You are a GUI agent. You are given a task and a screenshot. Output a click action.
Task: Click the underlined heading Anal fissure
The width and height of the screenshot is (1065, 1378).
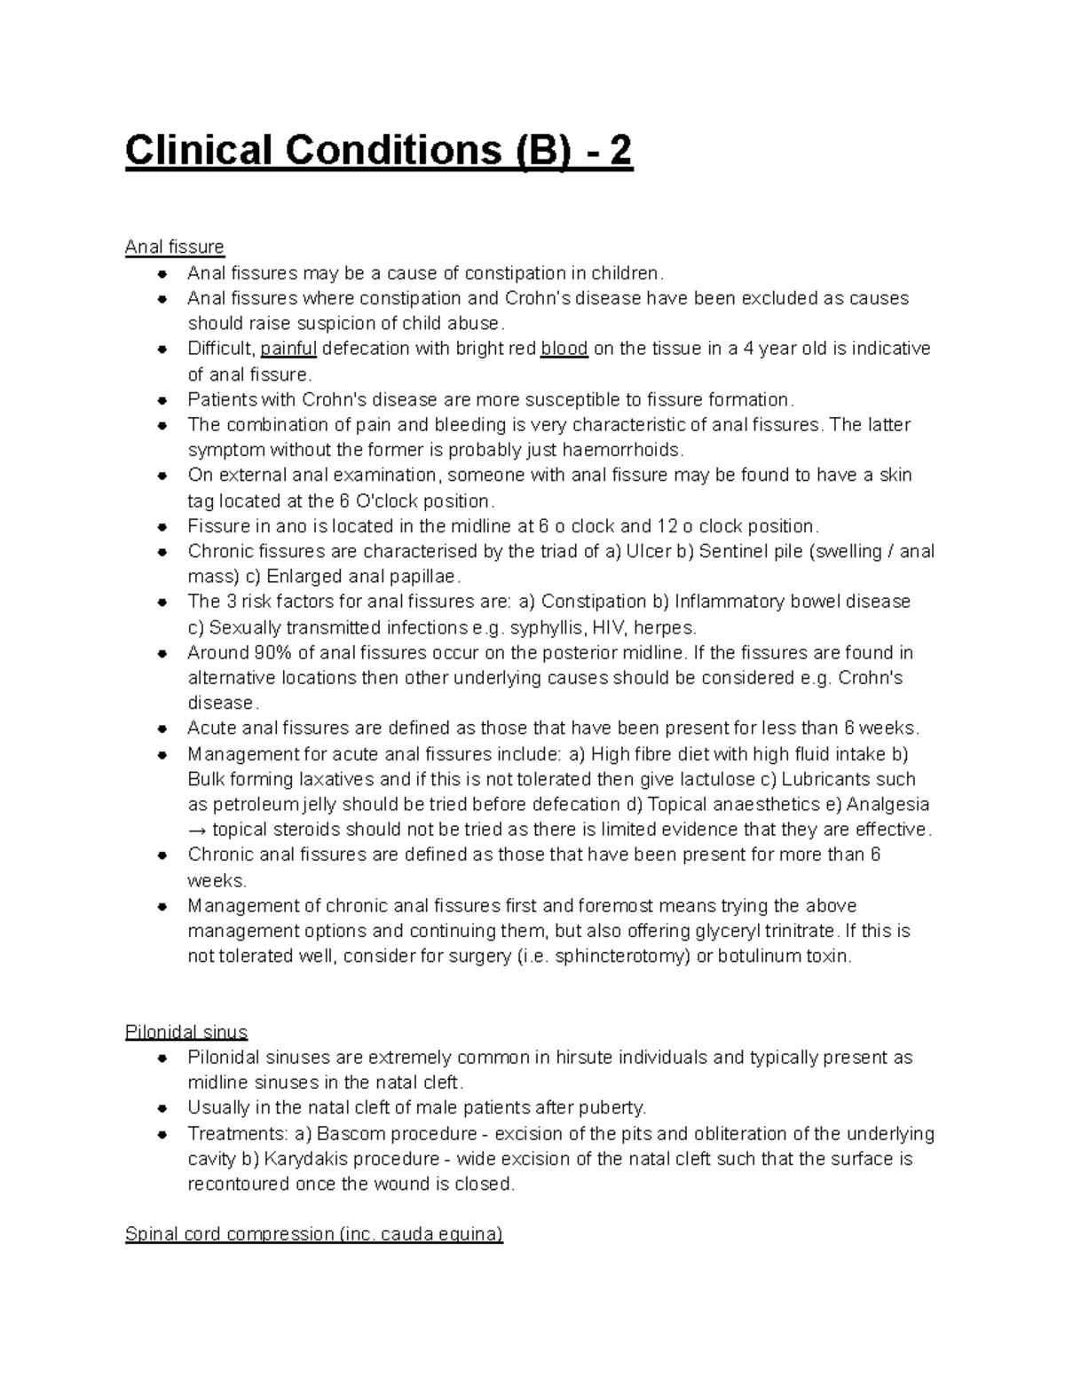pos(175,247)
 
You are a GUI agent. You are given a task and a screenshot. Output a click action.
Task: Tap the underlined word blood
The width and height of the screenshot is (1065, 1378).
pos(564,349)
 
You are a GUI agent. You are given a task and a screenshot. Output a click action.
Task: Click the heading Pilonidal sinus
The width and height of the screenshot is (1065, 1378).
pos(186,1032)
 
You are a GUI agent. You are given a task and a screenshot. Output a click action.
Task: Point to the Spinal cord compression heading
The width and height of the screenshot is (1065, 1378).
pos(314,1234)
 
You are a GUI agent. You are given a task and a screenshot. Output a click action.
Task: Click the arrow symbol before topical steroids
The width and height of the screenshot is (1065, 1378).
pos(197,831)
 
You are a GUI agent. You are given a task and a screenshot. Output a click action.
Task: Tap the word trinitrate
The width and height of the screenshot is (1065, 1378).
pos(797,932)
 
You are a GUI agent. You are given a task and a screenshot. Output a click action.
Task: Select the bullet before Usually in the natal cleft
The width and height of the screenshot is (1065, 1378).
pos(162,1108)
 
